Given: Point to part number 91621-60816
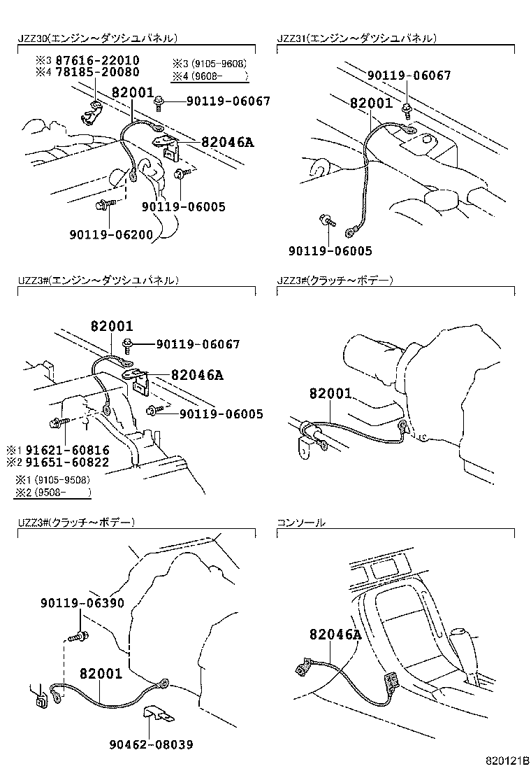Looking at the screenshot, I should click(68, 450).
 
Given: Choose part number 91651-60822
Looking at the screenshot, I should click(68, 462).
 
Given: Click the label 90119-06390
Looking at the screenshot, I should click(82, 602).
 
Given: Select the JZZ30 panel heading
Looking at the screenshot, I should click(97, 38).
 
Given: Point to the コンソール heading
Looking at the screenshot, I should click(301, 522).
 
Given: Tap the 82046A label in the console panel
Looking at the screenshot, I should click(336, 635).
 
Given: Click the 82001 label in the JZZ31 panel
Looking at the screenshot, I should click(371, 103).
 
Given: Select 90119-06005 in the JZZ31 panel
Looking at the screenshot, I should click(330, 250).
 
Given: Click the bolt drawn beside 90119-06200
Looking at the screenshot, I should click(103, 204).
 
